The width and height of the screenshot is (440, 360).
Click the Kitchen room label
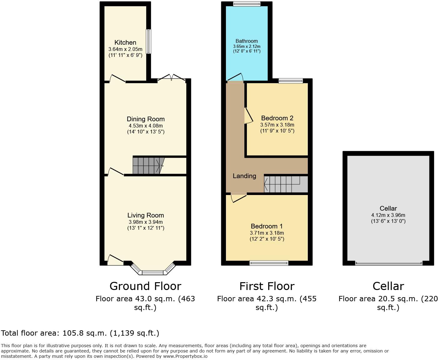125,42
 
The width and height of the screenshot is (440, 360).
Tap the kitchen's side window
149,41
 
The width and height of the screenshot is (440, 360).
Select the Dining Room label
146,119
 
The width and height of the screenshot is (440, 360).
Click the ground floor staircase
147,165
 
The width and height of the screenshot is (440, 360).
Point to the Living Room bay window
152,272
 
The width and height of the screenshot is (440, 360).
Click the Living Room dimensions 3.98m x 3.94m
146,222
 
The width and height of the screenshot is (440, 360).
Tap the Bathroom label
247,41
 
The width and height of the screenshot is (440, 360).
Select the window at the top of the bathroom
247,4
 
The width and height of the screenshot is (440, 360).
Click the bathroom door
235,77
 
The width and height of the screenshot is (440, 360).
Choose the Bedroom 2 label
277,118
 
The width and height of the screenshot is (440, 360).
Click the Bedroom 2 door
248,116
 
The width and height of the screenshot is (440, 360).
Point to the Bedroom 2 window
291,81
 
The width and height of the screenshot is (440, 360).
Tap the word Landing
244,176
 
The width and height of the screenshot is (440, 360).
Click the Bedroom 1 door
238,198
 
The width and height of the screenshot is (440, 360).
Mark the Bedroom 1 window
269,263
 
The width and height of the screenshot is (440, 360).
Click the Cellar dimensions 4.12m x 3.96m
388,215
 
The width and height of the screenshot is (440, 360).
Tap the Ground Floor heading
145,286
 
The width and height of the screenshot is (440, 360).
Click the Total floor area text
80,333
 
